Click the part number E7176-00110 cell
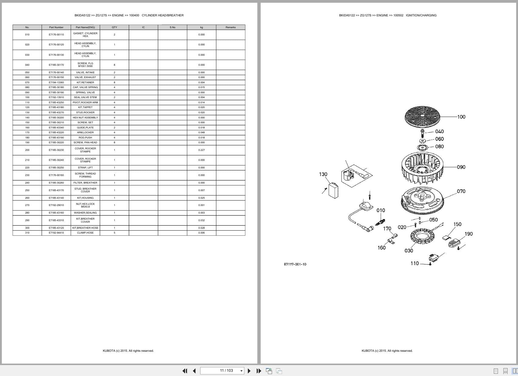(x=56, y=35)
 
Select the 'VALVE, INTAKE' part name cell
(x=85, y=72)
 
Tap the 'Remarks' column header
(x=230, y=27)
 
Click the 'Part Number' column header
(x=56, y=27)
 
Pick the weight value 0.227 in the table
(x=201, y=150)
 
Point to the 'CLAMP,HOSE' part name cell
(x=85, y=233)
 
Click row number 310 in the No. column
(x=27, y=233)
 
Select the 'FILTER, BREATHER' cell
(x=85, y=183)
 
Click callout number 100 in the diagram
(x=461, y=117)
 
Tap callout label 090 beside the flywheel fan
(x=461, y=167)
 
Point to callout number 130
(x=323, y=174)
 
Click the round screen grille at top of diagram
(x=422, y=116)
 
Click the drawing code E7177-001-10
(x=295, y=264)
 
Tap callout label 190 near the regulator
(x=469, y=234)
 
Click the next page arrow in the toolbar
(x=249, y=371)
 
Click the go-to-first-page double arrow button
(x=185, y=371)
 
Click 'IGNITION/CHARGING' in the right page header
(x=421, y=15)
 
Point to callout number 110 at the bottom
(x=415, y=263)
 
